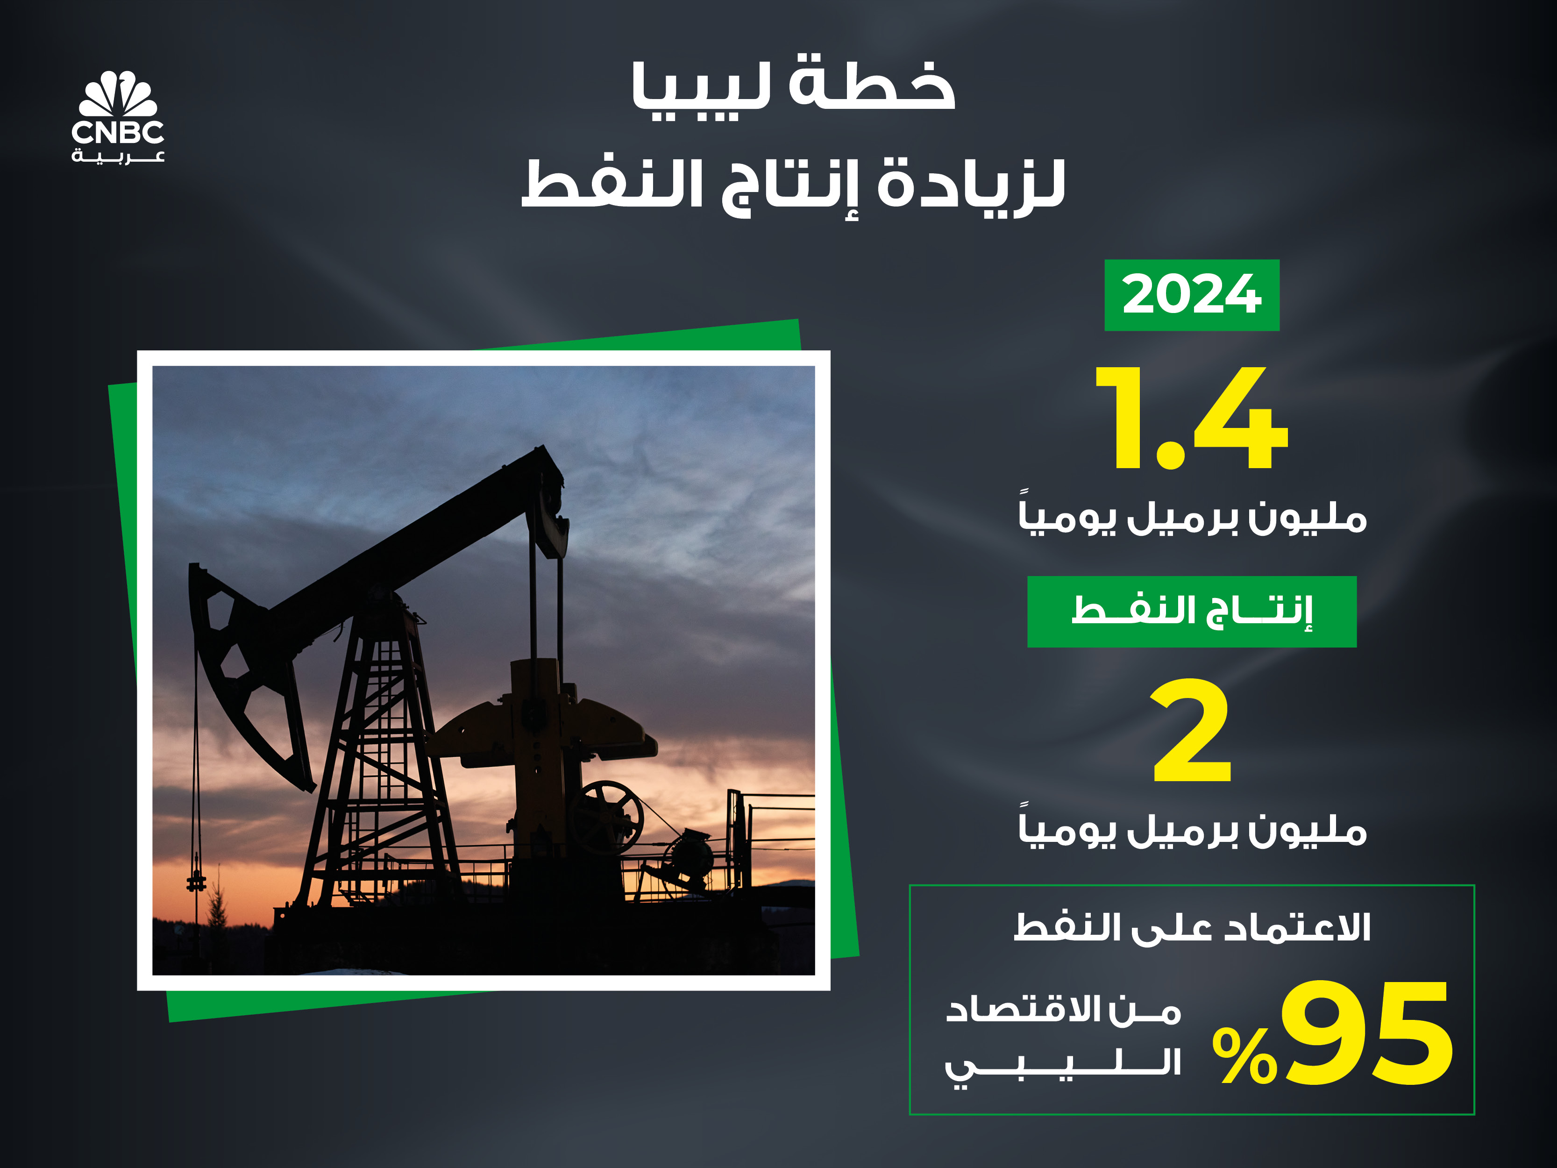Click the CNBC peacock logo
point(118,93)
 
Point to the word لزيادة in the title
point(971,185)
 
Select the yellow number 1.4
point(1191,418)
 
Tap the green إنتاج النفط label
point(1192,611)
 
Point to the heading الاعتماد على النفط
point(1192,927)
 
